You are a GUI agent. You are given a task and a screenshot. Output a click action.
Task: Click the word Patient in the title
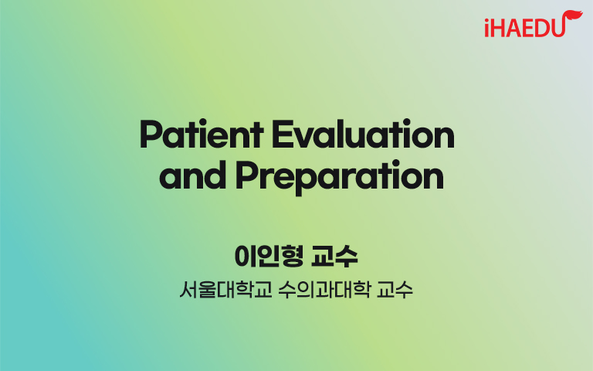(202, 134)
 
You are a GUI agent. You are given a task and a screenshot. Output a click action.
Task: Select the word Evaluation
(364, 134)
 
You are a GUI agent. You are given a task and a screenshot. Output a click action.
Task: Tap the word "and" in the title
(192, 175)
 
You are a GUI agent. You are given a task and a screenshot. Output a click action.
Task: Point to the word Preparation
(340, 177)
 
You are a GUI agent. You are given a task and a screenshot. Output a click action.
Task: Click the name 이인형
(269, 257)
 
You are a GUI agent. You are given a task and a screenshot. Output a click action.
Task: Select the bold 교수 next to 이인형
(334, 257)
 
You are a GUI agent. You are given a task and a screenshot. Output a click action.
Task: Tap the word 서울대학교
(225, 290)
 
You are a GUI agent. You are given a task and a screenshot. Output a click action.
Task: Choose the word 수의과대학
(324, 290)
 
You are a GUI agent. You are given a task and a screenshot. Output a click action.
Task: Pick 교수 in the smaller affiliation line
(395, 290)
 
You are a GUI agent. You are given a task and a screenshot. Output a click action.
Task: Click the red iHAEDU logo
(534, 24)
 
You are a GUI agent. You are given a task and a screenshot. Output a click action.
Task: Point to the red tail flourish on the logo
(573, 17)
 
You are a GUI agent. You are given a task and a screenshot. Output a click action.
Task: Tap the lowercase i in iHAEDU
(487, 28)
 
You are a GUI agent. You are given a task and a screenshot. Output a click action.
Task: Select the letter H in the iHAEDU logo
(498, 29)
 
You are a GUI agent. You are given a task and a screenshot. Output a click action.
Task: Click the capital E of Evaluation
(282, 134)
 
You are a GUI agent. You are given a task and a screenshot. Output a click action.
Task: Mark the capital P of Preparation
(246, 175)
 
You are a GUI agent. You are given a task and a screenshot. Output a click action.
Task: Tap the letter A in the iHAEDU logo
(513, 29)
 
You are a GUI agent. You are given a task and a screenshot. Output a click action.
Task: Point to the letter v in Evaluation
(303, 138)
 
